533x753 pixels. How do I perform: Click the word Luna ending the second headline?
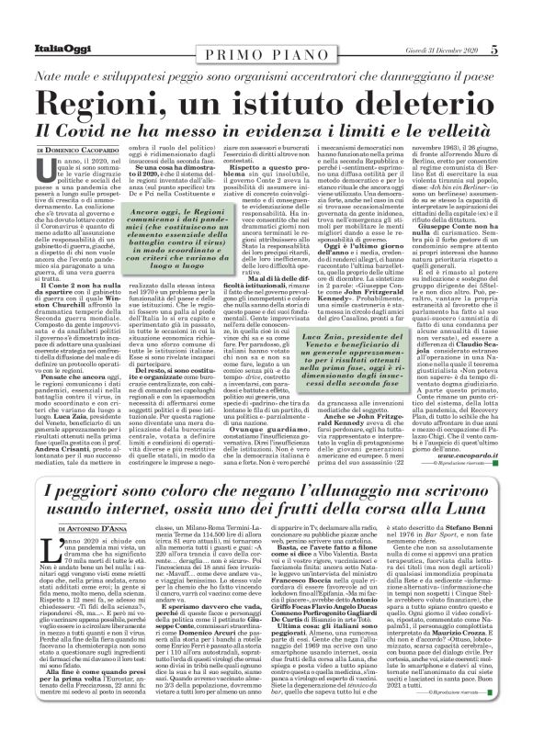[441, 506]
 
